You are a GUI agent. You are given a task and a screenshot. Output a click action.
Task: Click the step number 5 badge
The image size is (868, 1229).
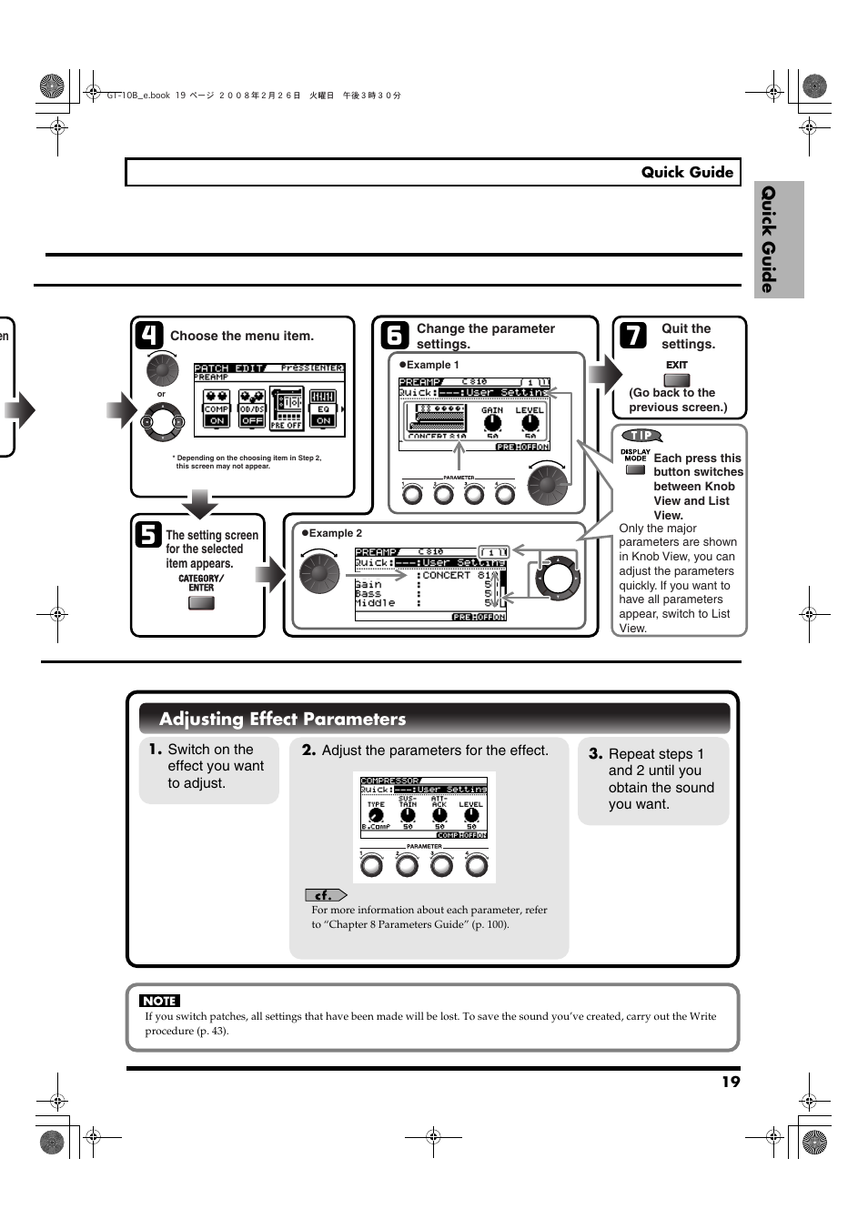[x=148, y=535]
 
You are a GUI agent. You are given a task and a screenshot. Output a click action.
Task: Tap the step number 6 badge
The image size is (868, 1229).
[x=394, y=336]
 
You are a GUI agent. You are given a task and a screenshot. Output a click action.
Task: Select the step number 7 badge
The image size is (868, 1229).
[x=633, y=336]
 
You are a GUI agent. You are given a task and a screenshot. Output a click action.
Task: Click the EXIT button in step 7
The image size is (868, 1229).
[x=677, y=380]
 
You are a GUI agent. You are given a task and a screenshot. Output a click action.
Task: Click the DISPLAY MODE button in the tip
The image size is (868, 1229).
[x=635, y=470]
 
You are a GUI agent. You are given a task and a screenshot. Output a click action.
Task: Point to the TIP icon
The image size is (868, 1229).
[x=641, y=436]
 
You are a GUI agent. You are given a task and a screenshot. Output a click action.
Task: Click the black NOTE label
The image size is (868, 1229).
[x=159, y=1001]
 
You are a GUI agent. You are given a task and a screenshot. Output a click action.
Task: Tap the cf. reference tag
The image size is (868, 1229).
[x=325, y=895]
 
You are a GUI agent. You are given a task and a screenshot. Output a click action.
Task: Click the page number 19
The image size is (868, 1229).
[x=731, y=1082]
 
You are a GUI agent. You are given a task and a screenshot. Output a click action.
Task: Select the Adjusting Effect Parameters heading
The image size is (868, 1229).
[x=282, y=719]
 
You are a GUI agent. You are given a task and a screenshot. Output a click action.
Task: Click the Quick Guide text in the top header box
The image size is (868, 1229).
[x=687, y=172]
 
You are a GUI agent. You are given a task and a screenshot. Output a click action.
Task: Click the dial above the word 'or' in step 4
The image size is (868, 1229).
[x=162, y=369]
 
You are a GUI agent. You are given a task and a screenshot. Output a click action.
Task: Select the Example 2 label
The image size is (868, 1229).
[x=335, y=533]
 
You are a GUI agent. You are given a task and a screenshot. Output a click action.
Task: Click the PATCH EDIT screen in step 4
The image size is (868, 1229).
[x=269, y=398]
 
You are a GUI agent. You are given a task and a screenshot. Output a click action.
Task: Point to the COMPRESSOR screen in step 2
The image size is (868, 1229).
[x=424, y=807]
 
